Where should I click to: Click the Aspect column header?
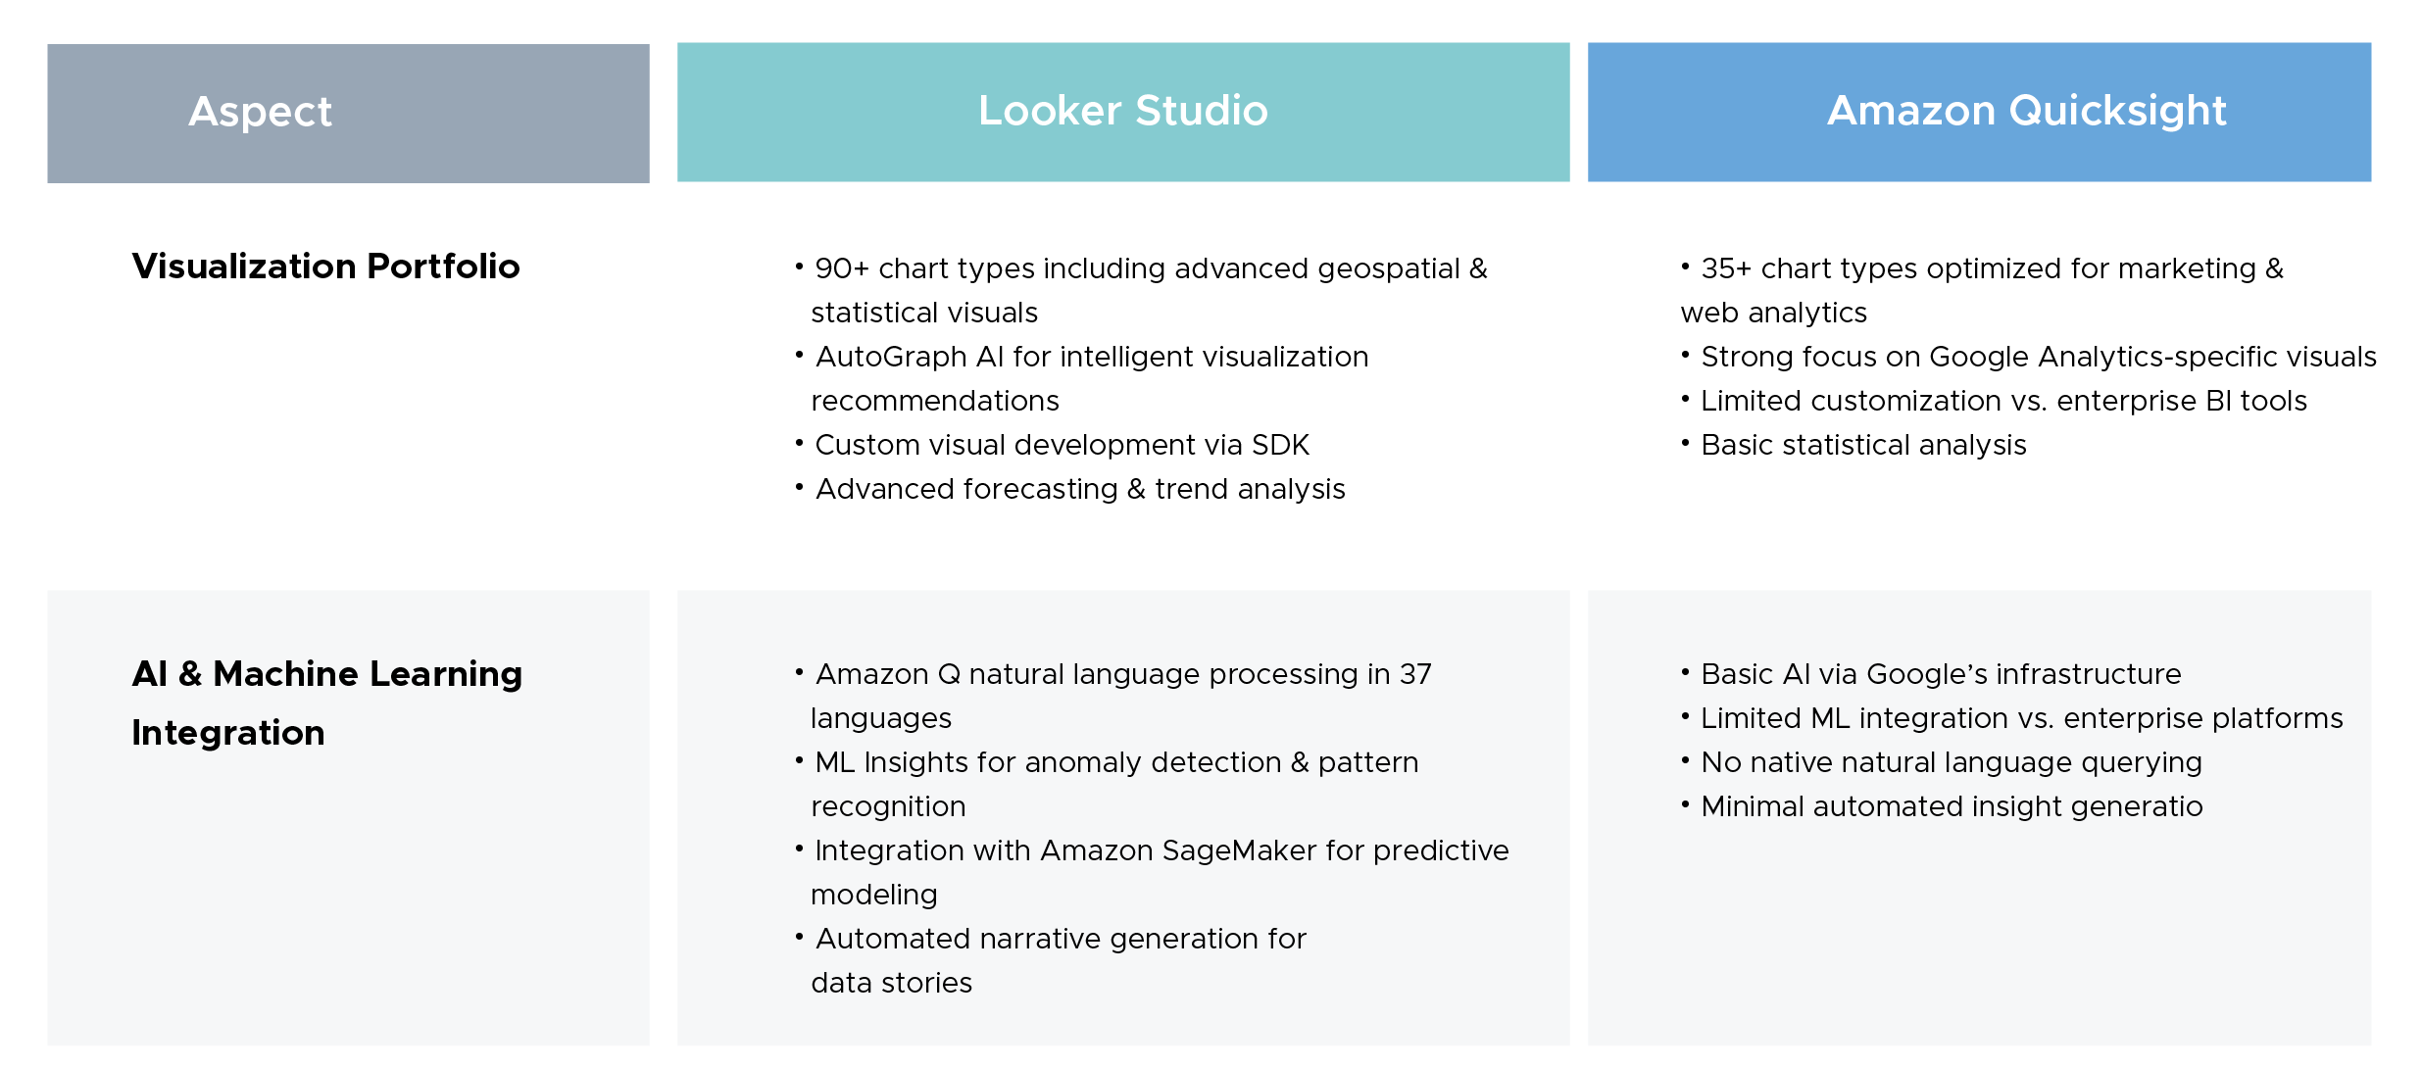click(261, 112)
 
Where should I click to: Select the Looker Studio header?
click(1122, 111)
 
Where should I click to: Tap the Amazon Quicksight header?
click(2026, 111)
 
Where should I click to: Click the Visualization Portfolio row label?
click(325, 267)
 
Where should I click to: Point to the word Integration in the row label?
click(228, 733)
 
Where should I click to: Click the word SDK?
click(1280, 445)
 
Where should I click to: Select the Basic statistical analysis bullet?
click(1863, 445)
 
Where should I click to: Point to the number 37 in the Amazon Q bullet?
click(1414, 674)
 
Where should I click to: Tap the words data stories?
click(891, 983)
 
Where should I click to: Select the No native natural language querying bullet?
click(1951, 762)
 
